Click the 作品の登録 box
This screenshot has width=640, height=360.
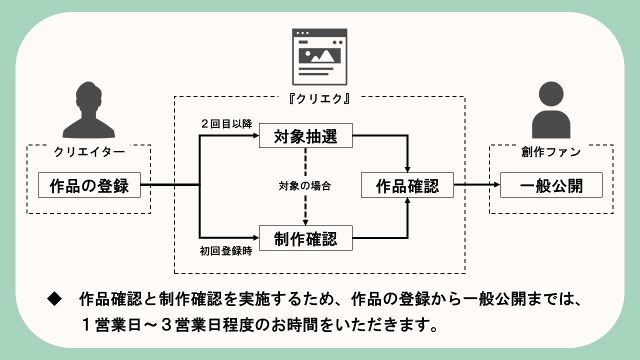[x=89, y=185]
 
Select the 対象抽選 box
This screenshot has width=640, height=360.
[x=305, y=135]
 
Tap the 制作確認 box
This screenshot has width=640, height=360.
[x=305, y=238]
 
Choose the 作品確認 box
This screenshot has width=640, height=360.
[x=407, y=185]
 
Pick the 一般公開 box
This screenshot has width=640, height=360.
[x=551, y=185]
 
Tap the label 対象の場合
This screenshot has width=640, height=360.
[x=305, y=186]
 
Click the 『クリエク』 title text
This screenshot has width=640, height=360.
[x=319, y=98]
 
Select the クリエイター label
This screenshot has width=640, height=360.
[x=89, y=152]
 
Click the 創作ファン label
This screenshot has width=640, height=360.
[x=551, y=152]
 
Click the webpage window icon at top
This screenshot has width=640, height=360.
[x=319, y=56]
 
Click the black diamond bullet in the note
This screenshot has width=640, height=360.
[x=53, y=299]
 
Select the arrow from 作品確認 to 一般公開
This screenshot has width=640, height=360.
[x=477, y=185]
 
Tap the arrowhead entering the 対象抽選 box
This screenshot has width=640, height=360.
[x=255, y=135]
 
